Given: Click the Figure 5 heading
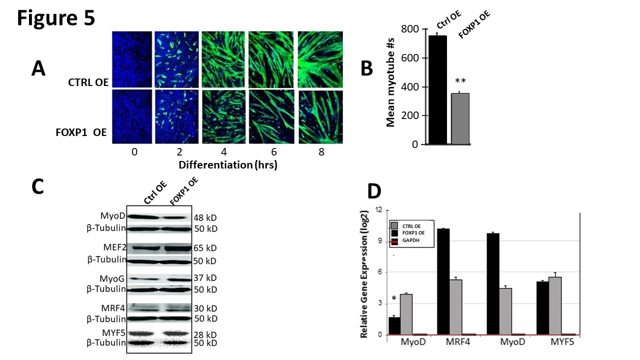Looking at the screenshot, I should pos(56,19).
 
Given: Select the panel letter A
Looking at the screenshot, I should pos(38,68).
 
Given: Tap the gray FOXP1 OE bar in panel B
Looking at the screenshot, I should pos(460,118).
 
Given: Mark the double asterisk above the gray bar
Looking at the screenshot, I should pos(460,81).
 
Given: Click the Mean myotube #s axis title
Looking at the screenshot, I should pos(390,82).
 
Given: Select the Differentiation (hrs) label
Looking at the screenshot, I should pos(227,164).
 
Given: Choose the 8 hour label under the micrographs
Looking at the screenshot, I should pos(321,152).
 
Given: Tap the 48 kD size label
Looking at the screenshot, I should pos(206,218).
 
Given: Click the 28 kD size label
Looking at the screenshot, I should pos(206,334).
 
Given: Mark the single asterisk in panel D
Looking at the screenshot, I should pos(394,299).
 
